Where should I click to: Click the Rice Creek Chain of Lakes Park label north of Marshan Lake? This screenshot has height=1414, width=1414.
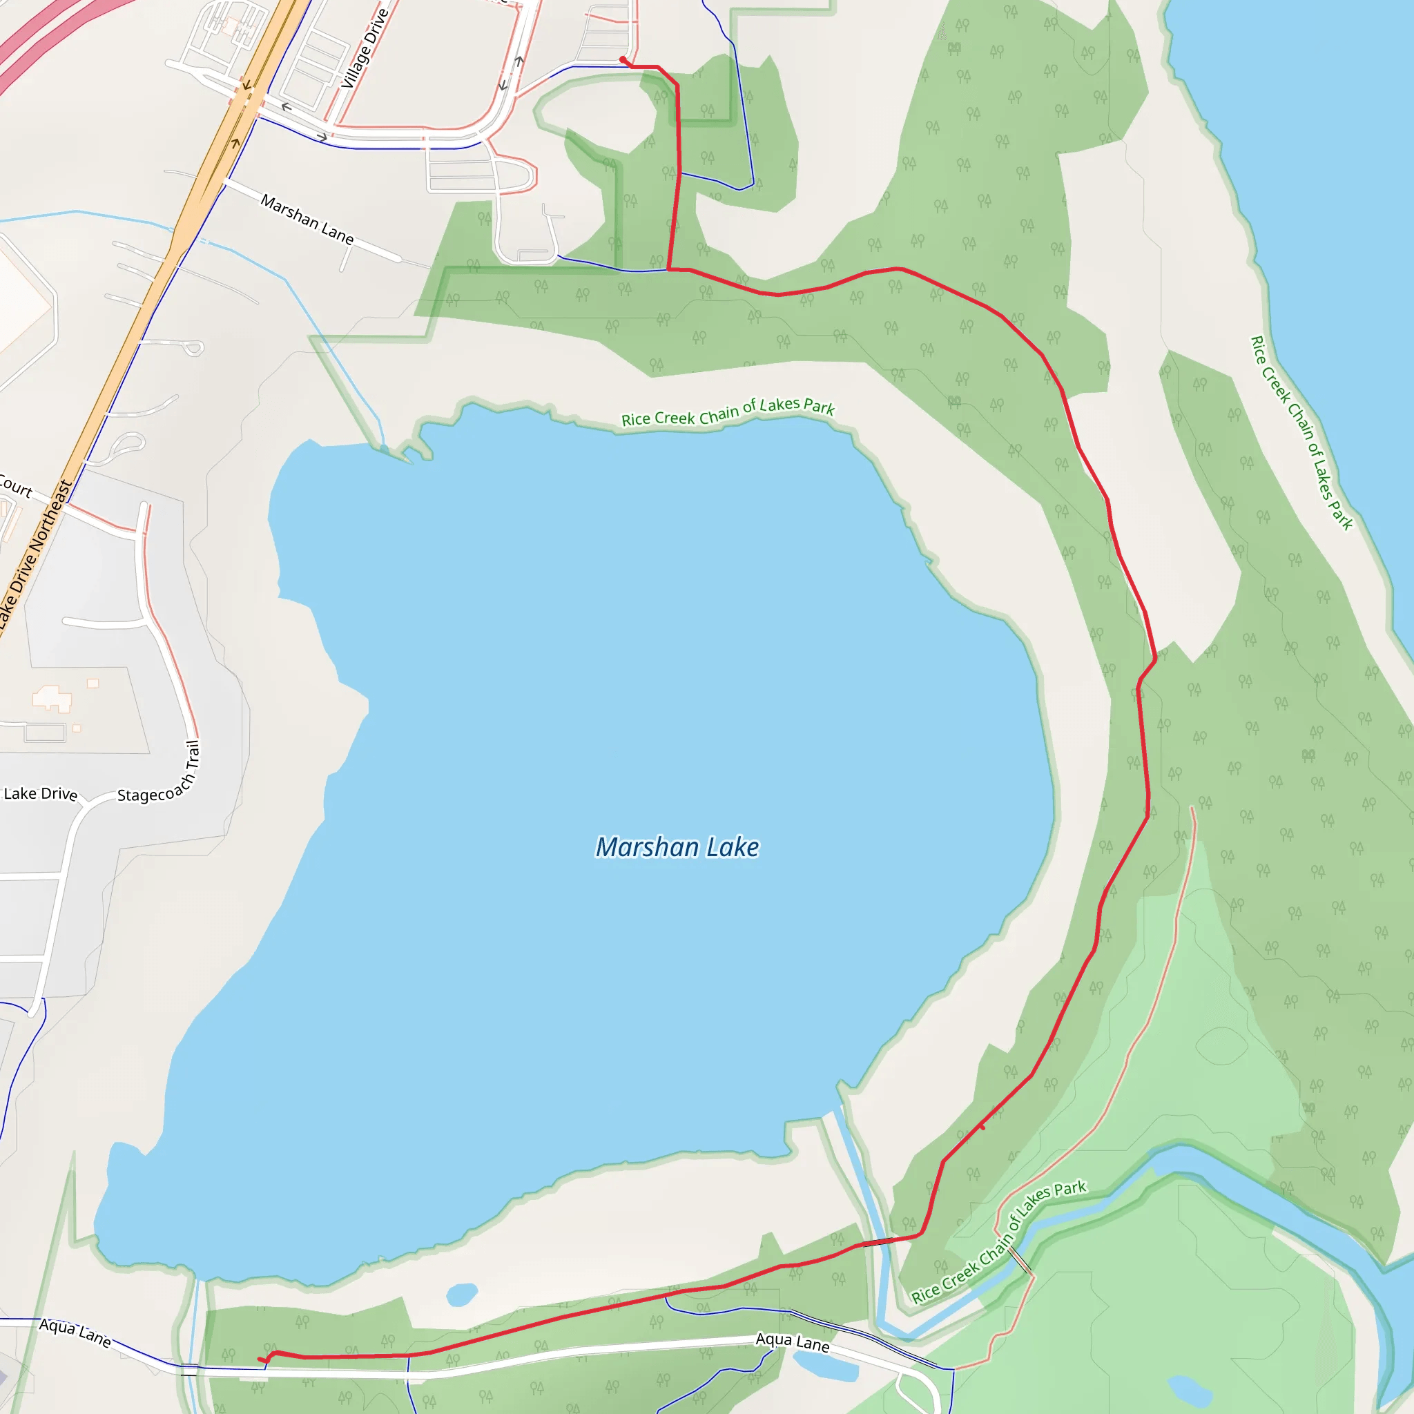tap(728, 413)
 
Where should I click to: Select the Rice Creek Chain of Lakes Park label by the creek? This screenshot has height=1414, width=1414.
tap(998, 1241)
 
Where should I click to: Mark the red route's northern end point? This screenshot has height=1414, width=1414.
tap(622, 59)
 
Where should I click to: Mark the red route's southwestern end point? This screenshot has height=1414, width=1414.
tap(260, 1359)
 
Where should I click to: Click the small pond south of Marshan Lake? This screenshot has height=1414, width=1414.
tap(461, 1294)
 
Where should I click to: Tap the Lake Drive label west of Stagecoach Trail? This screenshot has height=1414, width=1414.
tap(40, 793)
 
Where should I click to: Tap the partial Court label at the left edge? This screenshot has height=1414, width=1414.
tap(14, 486)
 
